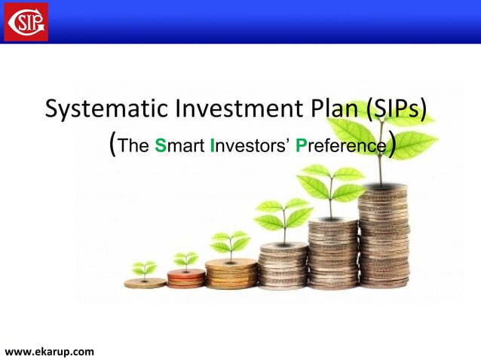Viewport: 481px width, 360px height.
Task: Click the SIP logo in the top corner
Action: pos(26,21)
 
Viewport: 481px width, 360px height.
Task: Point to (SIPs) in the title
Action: pos(397,109)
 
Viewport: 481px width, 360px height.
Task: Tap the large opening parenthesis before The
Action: pos(113,144)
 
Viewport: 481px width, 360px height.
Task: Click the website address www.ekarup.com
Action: pos(50,351)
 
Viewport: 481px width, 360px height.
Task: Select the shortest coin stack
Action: pos(145,282)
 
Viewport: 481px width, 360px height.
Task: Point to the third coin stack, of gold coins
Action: pos(231,273)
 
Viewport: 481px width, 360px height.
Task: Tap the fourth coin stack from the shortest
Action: pos(283,265)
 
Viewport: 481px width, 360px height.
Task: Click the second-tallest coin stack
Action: pos(332,253)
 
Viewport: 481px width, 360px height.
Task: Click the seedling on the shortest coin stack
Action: pos(144,269)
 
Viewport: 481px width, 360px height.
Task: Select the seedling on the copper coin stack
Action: pos(185,261)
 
